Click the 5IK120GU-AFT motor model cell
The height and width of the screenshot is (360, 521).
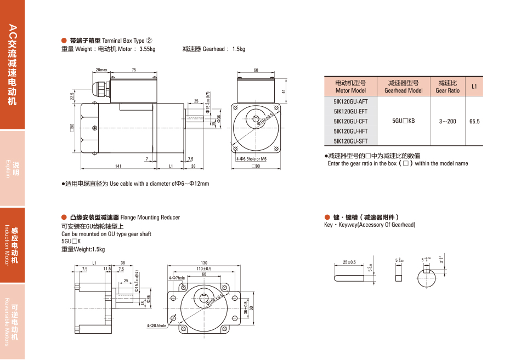(x=350, y=101)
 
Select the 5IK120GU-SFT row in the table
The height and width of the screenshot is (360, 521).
(x=350, y=141)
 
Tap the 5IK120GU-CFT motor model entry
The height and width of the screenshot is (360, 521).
(x=350, y=121)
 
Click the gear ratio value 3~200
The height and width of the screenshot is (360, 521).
(x=448, y=121)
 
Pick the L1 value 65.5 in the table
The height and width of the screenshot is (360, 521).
(x=474, y=121)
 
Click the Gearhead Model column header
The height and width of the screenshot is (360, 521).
(x=403, y=87)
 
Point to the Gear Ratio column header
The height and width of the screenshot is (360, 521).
(x=448, y=87)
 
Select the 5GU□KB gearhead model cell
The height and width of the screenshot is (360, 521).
(x=403, y=121)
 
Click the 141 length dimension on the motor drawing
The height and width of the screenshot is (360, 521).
(x=118, y=165)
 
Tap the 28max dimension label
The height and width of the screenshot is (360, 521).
(x=101, y=70)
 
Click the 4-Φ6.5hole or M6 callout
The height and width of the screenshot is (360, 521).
(x=251, y=158)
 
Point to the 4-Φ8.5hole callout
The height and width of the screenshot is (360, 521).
(x=156, y=325)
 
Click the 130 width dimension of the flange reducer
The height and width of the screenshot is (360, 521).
(x=204, y=262)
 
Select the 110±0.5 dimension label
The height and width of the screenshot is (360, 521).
(x=204, y=268)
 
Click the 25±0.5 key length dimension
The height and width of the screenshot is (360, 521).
(x=349, y=262)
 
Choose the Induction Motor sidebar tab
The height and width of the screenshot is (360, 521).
(x=12, y=245)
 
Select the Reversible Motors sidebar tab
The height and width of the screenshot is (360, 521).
(x=12, y=322)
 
